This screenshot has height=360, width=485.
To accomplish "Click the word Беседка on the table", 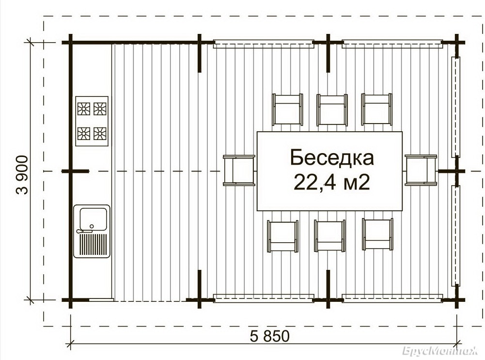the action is coord(332,157).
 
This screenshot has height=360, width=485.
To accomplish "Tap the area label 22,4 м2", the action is coord(331,182).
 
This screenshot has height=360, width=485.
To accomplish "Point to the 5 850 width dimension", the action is coord(269,336).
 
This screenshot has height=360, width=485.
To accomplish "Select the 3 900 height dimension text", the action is coord(22,175).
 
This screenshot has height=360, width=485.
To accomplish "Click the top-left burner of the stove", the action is coord(84,109).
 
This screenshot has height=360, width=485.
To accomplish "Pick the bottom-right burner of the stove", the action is coord(100,133).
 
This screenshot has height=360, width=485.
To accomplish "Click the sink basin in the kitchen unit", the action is coord(94,219).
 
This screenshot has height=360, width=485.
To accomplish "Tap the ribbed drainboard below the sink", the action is coord(94,244).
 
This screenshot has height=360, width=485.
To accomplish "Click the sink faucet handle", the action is coord(84,231).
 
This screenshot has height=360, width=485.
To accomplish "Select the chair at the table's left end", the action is coord(239,171).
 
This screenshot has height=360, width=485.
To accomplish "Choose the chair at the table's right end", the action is coord(421,170).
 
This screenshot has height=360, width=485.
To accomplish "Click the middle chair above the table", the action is coord(332,110).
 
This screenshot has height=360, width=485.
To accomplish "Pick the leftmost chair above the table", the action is coord(287,110).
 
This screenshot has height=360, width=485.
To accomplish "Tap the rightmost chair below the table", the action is coord(377,234).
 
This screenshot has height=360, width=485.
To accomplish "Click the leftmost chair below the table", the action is coord(282,236).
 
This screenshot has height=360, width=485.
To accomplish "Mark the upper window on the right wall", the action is coord(455,107).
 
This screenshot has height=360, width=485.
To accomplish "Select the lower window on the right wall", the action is coord(455,235).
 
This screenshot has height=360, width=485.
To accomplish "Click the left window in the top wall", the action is coord(264,44).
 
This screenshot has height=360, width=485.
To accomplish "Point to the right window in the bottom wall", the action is coord(392,298).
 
